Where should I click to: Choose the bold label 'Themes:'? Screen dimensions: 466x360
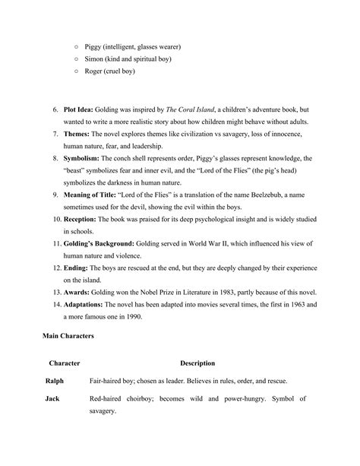78,133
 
